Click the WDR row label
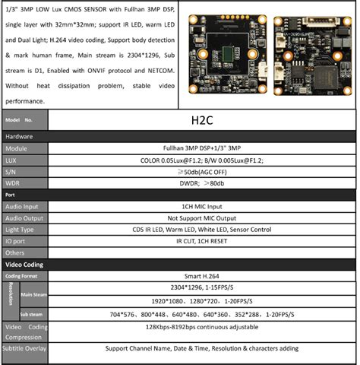tap(14, 183)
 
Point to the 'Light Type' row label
tap(21, 229)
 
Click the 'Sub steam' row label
tap(31, 313)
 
